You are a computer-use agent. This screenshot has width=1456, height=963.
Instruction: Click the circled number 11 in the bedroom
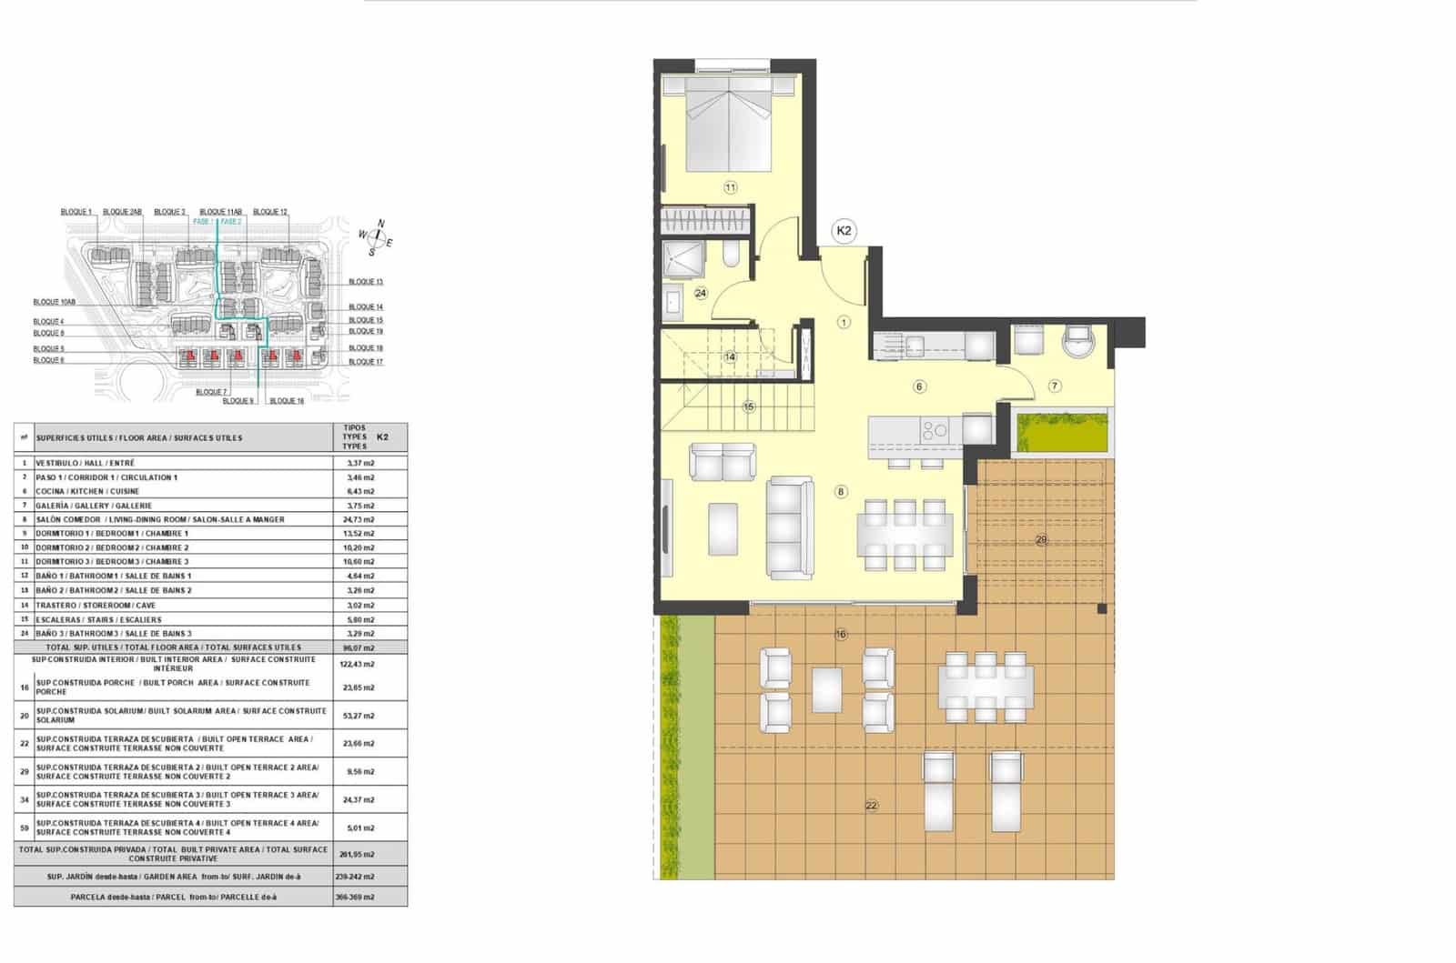tap(730, 188)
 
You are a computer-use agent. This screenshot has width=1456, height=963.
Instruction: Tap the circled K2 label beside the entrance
tap(844, 231)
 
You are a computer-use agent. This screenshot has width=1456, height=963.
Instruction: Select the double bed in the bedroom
tap(729, 124)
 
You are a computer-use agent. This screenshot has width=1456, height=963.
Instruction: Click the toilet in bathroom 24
tap(732, 255)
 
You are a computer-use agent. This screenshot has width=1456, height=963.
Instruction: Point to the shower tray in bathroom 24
tap(683, 258)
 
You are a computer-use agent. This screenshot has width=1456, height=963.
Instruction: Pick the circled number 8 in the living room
tap(841, 492)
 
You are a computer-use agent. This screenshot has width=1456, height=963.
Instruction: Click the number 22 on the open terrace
tap(872, 806)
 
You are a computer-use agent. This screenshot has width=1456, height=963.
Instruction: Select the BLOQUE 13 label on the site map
tap(366, 282)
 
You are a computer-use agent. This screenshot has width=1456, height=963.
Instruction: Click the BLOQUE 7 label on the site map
tap(210, 392)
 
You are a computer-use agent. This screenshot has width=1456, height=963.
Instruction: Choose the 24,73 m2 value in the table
tap(360, 519)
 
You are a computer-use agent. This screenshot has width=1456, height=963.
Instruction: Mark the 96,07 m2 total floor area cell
tap(360, 647)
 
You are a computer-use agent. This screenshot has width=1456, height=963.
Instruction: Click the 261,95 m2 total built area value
tap(360, 855)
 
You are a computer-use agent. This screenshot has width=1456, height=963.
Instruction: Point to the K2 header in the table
tap(382, 437)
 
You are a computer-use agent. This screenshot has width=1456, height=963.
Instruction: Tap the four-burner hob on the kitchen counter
tap(935, 429)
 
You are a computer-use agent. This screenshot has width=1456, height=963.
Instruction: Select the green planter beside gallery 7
tap(1061, 433)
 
